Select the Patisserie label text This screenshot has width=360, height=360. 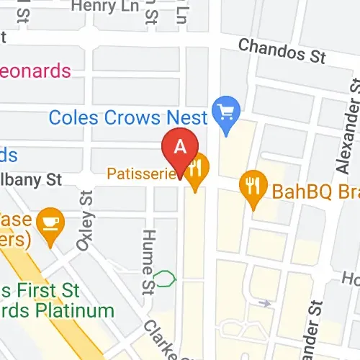coord(141,174)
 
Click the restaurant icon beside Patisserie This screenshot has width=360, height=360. coord(196,170)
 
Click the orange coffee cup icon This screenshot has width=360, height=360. coord(50,217)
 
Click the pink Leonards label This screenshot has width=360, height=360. coord(36,71)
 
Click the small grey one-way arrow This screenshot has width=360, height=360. coord(266,303)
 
